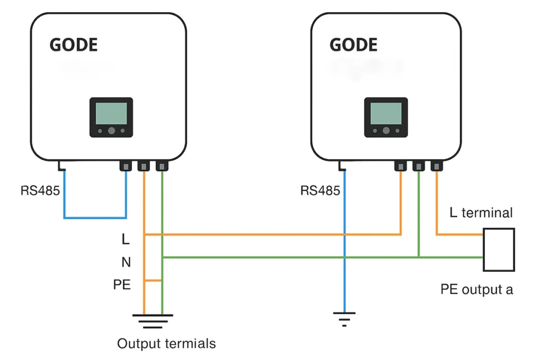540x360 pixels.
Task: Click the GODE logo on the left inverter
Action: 73,45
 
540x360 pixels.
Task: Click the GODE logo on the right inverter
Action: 353,45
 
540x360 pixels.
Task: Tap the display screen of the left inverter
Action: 111,113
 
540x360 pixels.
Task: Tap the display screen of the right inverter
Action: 385,113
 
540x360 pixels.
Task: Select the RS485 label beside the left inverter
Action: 40,190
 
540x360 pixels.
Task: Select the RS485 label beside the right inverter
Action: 320,190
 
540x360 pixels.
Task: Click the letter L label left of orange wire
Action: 126,239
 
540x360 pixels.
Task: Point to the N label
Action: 126,262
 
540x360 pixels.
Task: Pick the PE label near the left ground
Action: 122,285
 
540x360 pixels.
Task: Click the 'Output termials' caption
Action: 166,344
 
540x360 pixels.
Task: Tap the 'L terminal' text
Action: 481,213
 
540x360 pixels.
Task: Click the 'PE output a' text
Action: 477,289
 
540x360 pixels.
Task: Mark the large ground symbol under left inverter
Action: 153,321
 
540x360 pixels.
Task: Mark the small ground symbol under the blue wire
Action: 344,319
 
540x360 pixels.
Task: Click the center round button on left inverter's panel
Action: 112,131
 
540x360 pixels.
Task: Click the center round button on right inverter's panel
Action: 386,131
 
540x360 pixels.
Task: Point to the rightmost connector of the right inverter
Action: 437,166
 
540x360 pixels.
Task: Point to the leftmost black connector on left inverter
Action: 126,166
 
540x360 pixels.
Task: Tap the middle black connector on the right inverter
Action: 418,166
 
